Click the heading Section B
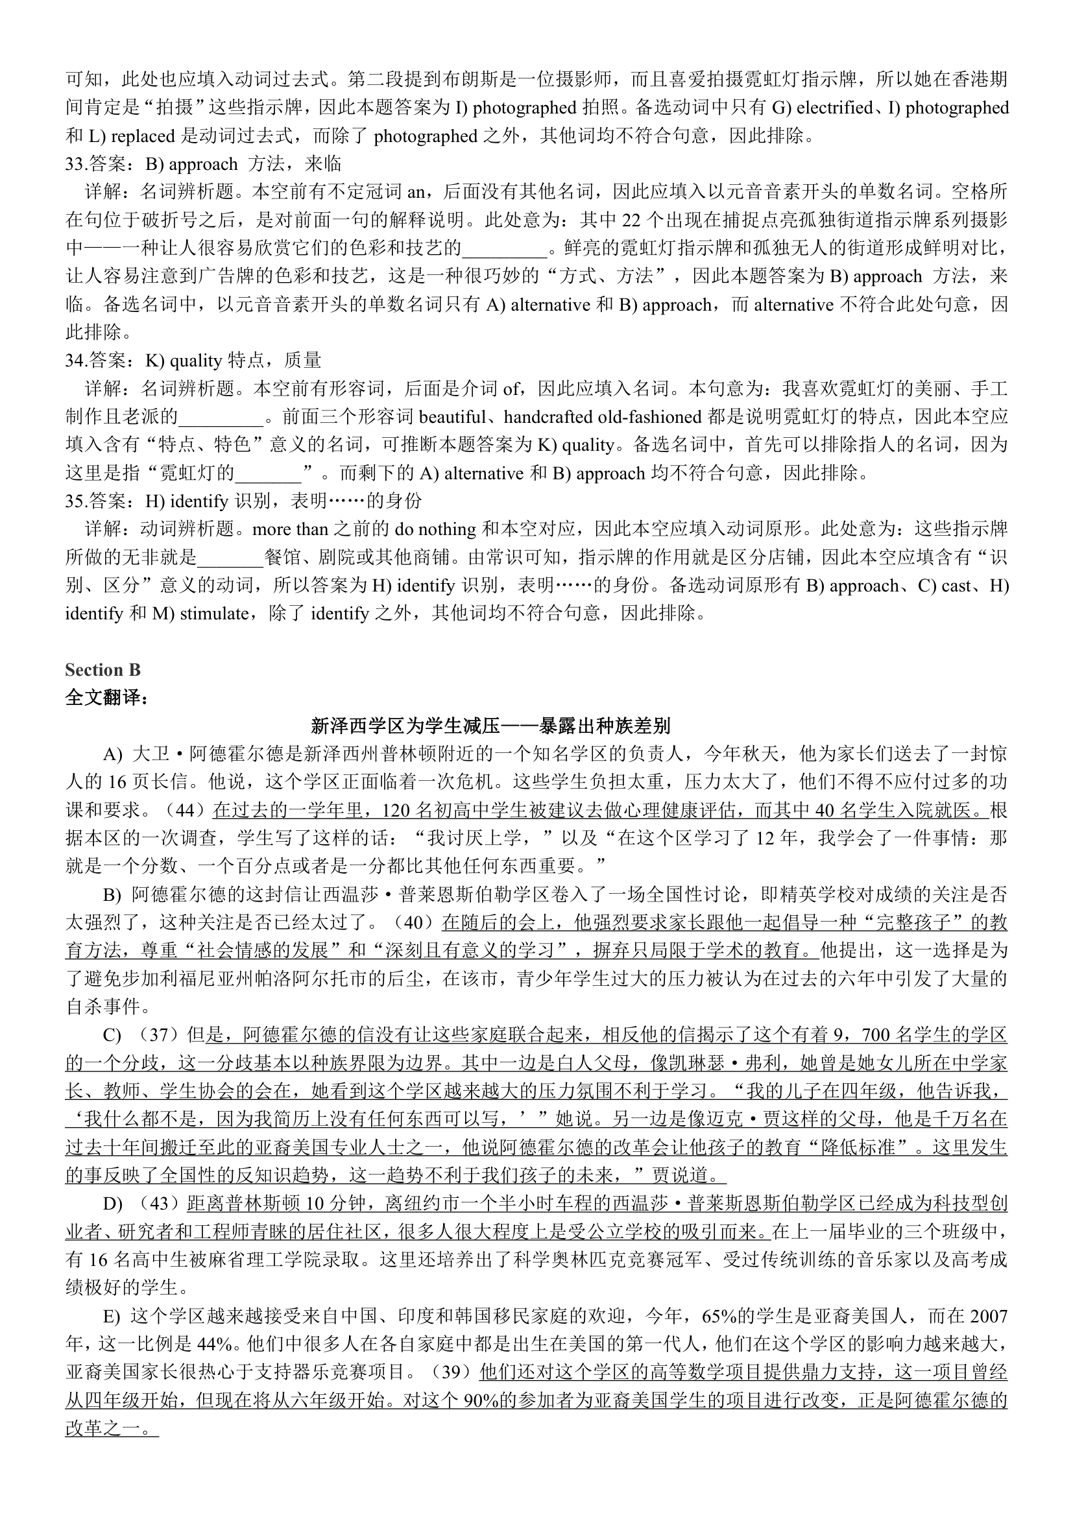102,670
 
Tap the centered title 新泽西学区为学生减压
490,726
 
